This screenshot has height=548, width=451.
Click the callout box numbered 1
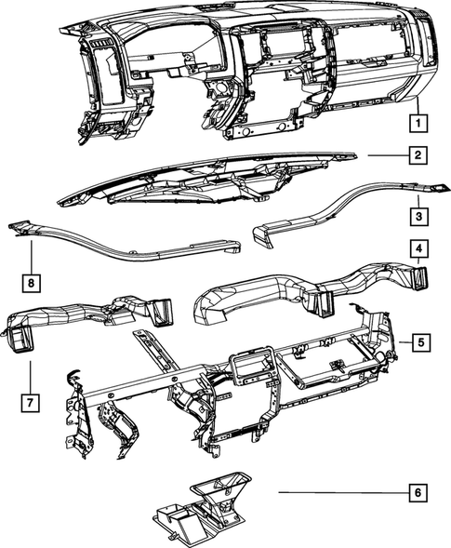(x=419, y=122)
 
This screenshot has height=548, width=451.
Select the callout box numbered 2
(x=419, y=155)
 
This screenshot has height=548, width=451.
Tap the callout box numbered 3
(x=419, y=216)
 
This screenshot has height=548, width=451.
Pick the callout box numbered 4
(x=419, y=249)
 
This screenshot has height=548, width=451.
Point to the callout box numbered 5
(x=419, y=342)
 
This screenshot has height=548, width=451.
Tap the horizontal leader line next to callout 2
(x=385, y=155)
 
